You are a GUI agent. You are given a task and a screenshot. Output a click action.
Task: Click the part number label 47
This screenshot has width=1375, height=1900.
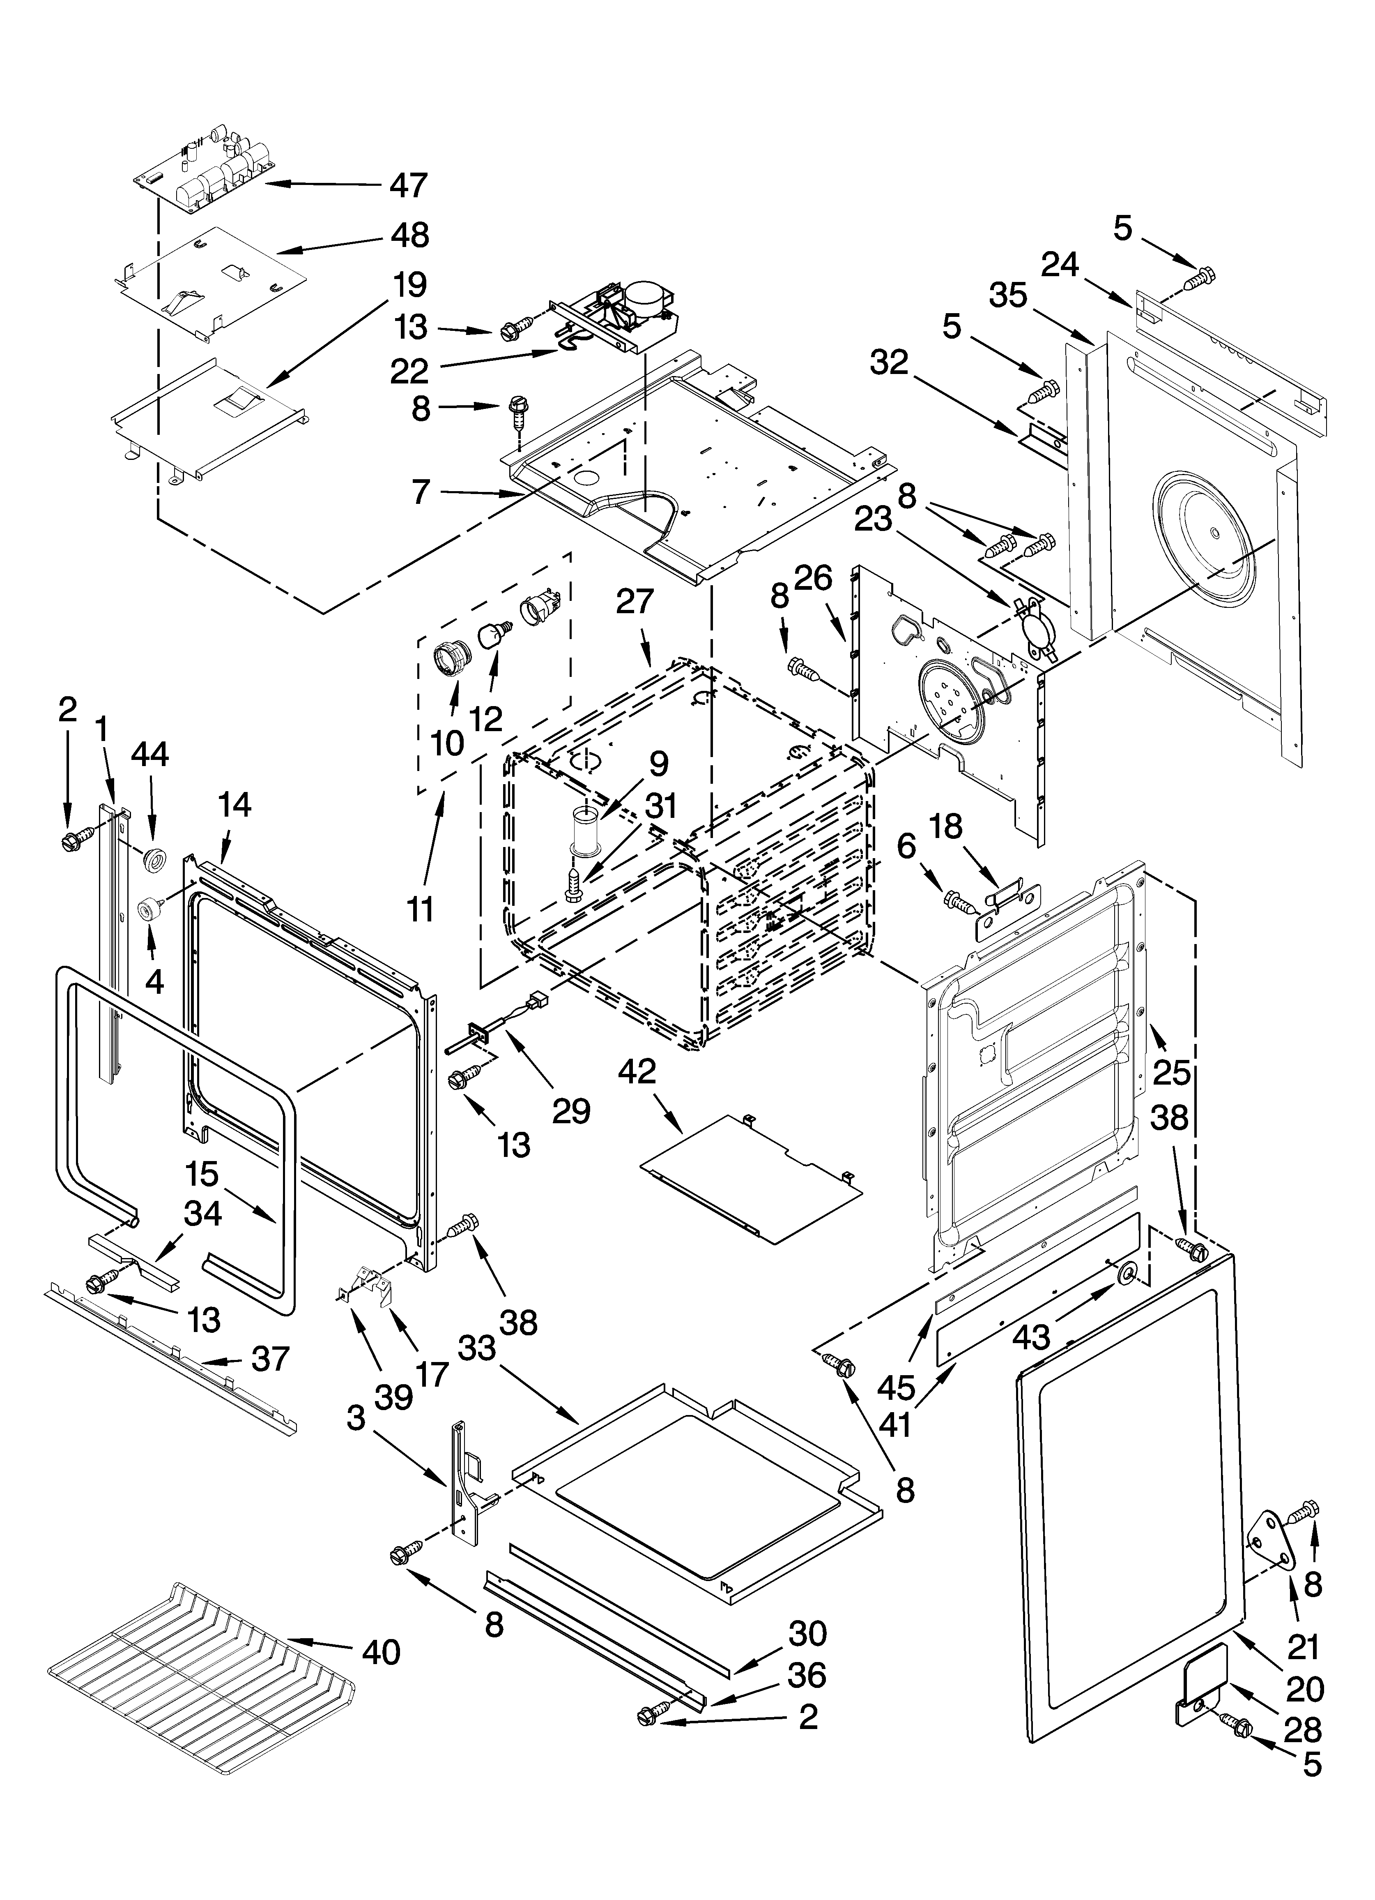point(409,184)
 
